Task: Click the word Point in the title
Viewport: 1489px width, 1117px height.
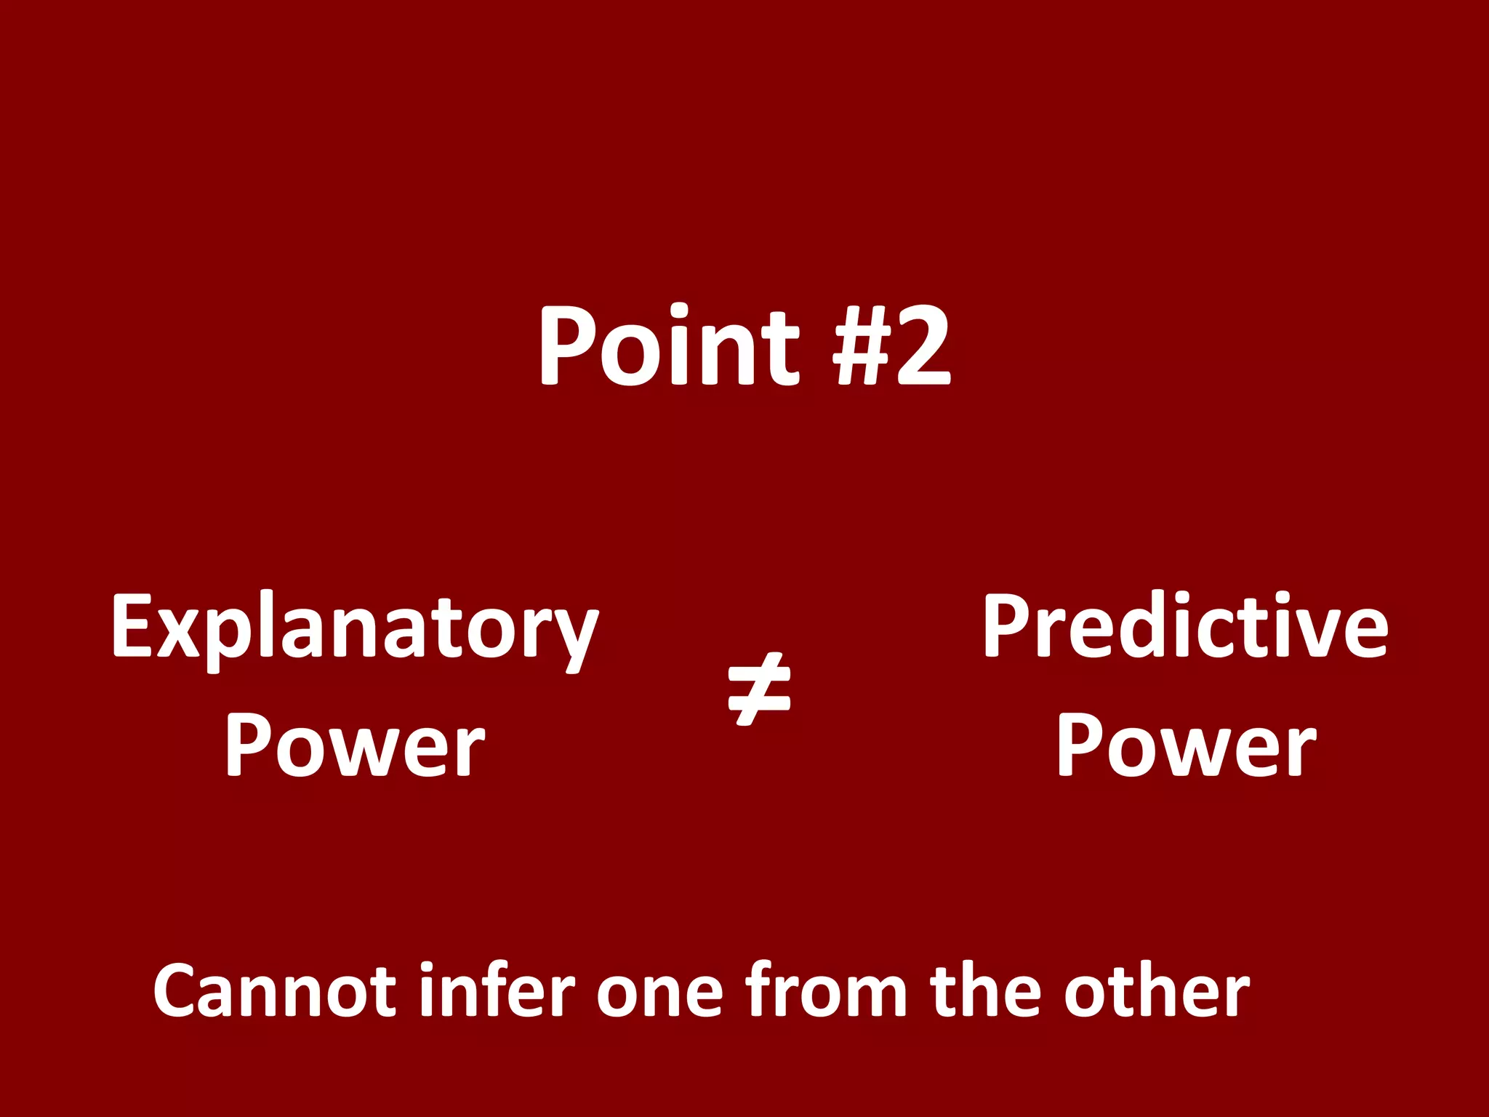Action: pyautogui.click(x=668, y=346)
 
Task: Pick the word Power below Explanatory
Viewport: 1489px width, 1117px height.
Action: pyautogui.click(x=354, y=746)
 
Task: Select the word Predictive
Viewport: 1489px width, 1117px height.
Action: pyautogui.click(x=1185, y=627)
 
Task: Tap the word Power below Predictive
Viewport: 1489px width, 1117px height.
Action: pyautogui.click(x=1186, y=746)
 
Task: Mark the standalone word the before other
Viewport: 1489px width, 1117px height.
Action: pyautogui.click(x=989, y=990)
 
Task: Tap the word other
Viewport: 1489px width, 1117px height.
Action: pyautogui.click(x=1157, y=990)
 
